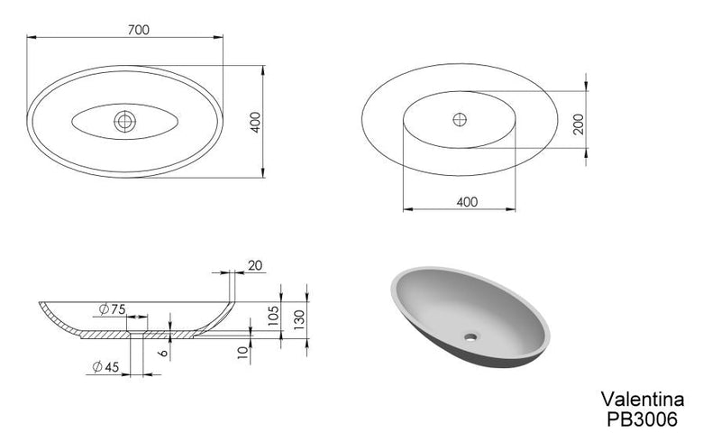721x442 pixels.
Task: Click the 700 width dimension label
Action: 139,30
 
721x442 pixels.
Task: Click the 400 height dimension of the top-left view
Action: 256,122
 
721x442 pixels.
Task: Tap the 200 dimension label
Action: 579,124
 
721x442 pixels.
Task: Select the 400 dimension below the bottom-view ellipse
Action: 467,202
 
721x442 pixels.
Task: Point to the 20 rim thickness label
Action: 255,265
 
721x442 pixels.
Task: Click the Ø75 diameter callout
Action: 112,309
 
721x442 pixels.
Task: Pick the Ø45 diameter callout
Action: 105,367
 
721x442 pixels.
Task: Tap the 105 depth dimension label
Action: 273,316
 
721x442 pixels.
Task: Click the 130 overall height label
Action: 299,319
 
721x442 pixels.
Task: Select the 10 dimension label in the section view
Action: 243,352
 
